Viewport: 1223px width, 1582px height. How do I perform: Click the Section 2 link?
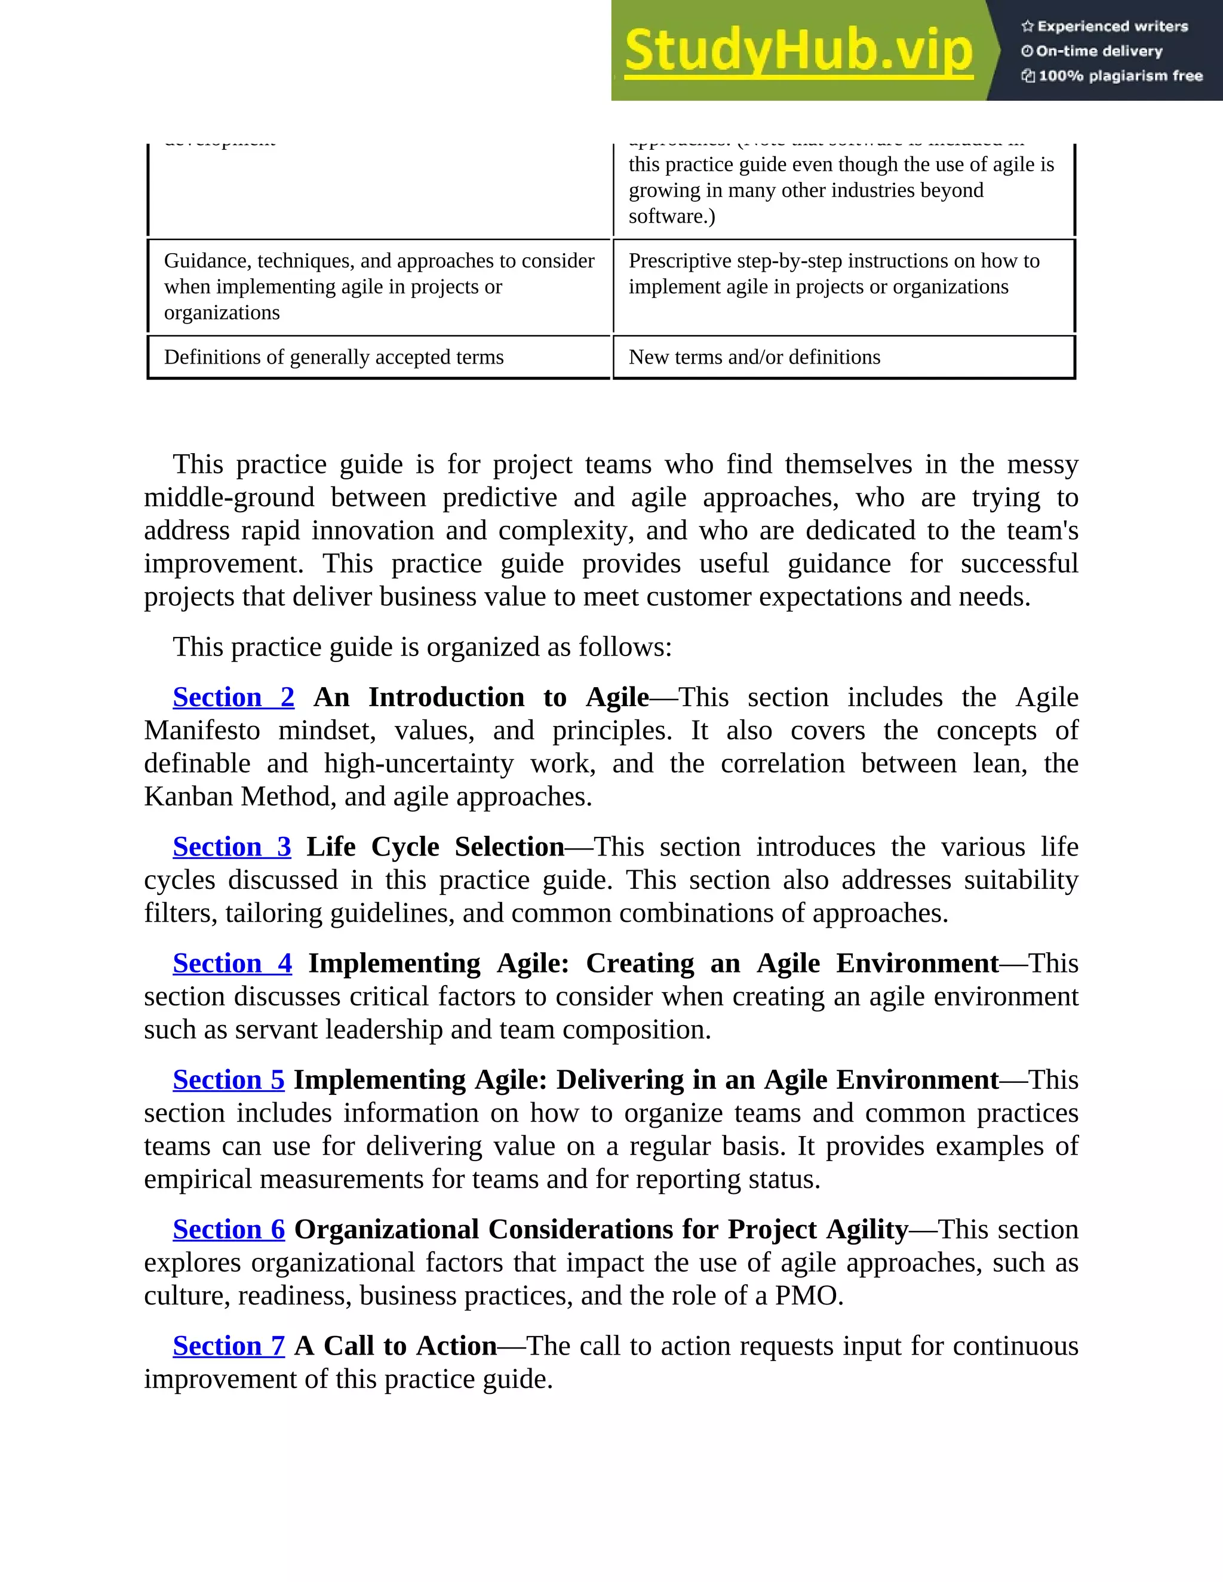233,697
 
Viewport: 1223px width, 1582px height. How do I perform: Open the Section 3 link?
232,848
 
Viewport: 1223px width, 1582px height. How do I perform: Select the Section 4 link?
232,964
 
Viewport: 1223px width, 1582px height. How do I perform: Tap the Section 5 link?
228,1080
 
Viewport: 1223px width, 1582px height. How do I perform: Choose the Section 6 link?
228,1230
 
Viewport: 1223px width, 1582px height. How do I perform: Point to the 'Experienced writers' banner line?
1105,27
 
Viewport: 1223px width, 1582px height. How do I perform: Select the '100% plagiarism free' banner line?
1112,76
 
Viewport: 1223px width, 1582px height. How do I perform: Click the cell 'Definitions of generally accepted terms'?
333,357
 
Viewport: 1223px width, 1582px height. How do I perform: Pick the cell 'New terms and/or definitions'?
754,357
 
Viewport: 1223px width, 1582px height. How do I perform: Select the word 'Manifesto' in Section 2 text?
202,731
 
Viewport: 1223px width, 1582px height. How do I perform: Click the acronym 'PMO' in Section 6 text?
806,1296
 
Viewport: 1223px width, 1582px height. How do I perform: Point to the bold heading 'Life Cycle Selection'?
435,848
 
